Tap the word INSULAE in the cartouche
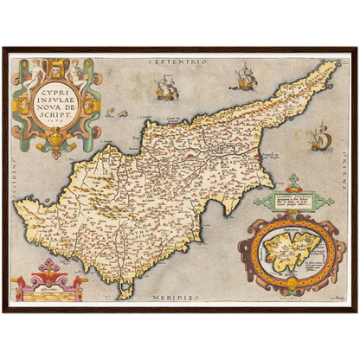pyautogui.click(x=56, y=100)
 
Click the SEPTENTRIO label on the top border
pyautogui.click(x=180, y=62)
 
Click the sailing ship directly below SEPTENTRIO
pyautogui.click(x=164, y=88)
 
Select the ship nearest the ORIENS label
pyautogui.click(x=319, y=137)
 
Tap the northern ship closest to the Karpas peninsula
pyautogui.click(x=243, y=80)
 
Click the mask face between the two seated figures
pyautogui.click(x=56, y=67)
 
